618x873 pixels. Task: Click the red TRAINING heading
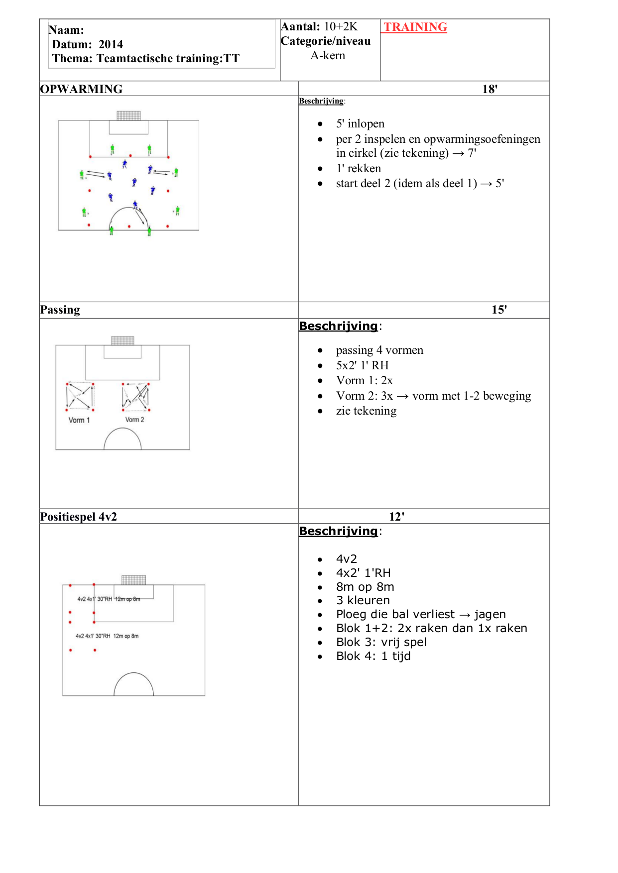[x=415, y=27]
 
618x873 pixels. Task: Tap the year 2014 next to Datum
[x=111, y=44]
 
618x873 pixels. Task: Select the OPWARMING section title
[x=81, y=89]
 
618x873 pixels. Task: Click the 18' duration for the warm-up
[x=490, y=89]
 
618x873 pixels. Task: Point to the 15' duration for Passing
[x=499, y=310]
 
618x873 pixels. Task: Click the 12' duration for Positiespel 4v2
[x=396, y=517]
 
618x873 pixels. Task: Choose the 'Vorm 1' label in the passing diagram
[x=79, y=420]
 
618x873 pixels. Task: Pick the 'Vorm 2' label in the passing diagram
[x=134, y=420]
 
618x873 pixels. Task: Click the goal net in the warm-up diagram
[x=128, y=115]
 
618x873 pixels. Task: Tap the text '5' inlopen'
[x=360, y=123]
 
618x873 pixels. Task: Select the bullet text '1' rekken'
[x=359, y=168]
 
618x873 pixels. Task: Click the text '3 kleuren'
[x=363, y=600]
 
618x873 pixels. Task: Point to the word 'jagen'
[x=490, y=614]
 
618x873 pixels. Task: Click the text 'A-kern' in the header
[x=328, y=55]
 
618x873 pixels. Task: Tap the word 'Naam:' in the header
[x=66, y=30]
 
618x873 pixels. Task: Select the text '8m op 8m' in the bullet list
[x=365, y=587]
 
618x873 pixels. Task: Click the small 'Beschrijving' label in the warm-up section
[x=321, y=101]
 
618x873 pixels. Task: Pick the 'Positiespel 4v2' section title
[x=79, y=517]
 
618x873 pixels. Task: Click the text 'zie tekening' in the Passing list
[x=366, y=411]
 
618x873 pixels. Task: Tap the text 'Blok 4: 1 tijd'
[x=373, y=656]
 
